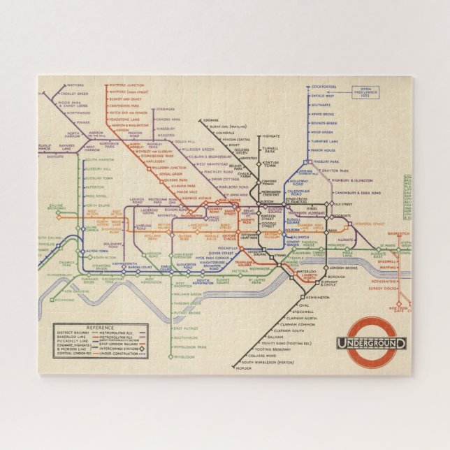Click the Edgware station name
click(x=209, y=120)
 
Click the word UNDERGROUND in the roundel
click(x=371, y=343)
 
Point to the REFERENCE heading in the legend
click(x=96, y=327)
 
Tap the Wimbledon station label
click(x=183, y=356)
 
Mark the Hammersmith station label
click(x=136, y=264)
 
